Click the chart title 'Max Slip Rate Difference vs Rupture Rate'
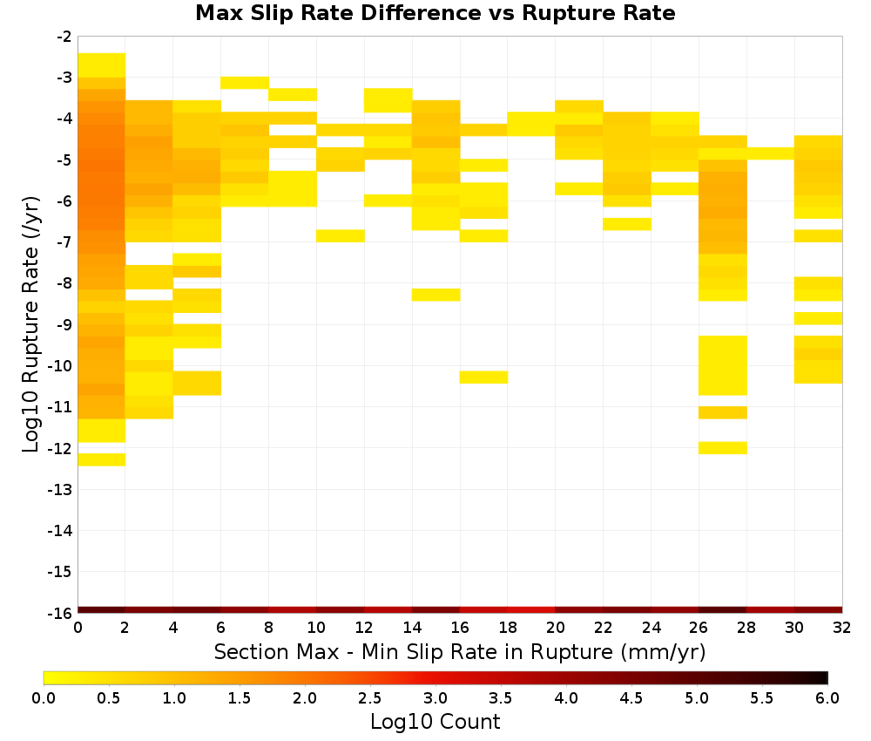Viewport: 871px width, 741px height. pos(435,13)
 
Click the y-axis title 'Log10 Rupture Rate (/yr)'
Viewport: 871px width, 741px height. pos(31,324)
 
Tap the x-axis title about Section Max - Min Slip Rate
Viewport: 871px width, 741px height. pos(460,651)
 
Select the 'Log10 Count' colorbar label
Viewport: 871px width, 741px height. pos(435,722)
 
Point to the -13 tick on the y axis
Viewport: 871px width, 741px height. pos(60,489)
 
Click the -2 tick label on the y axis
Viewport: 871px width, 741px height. pos(64,37)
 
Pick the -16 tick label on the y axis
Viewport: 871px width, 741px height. pos(60,613)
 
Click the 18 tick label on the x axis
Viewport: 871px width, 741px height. pos(508,628)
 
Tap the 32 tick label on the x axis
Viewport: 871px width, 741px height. pos(842,628)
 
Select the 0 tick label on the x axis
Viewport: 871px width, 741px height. pos(78,628)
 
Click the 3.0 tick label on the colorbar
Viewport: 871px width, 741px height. pos(435,697)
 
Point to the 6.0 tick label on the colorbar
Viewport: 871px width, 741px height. pos(827,697)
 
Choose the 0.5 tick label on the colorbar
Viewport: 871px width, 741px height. pos(109,697)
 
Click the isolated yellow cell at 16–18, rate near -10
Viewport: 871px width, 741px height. pos(483,377)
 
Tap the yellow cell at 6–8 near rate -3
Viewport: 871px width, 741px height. pos(245,83)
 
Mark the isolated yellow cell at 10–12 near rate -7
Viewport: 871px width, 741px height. pos(341,235)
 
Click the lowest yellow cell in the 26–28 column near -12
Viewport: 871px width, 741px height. pos(723,447)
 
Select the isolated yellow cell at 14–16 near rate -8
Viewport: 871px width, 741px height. pos(436,295)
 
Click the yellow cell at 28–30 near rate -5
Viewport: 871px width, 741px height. pos(771,153)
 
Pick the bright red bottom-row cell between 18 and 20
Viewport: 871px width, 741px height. pos(531,610)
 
